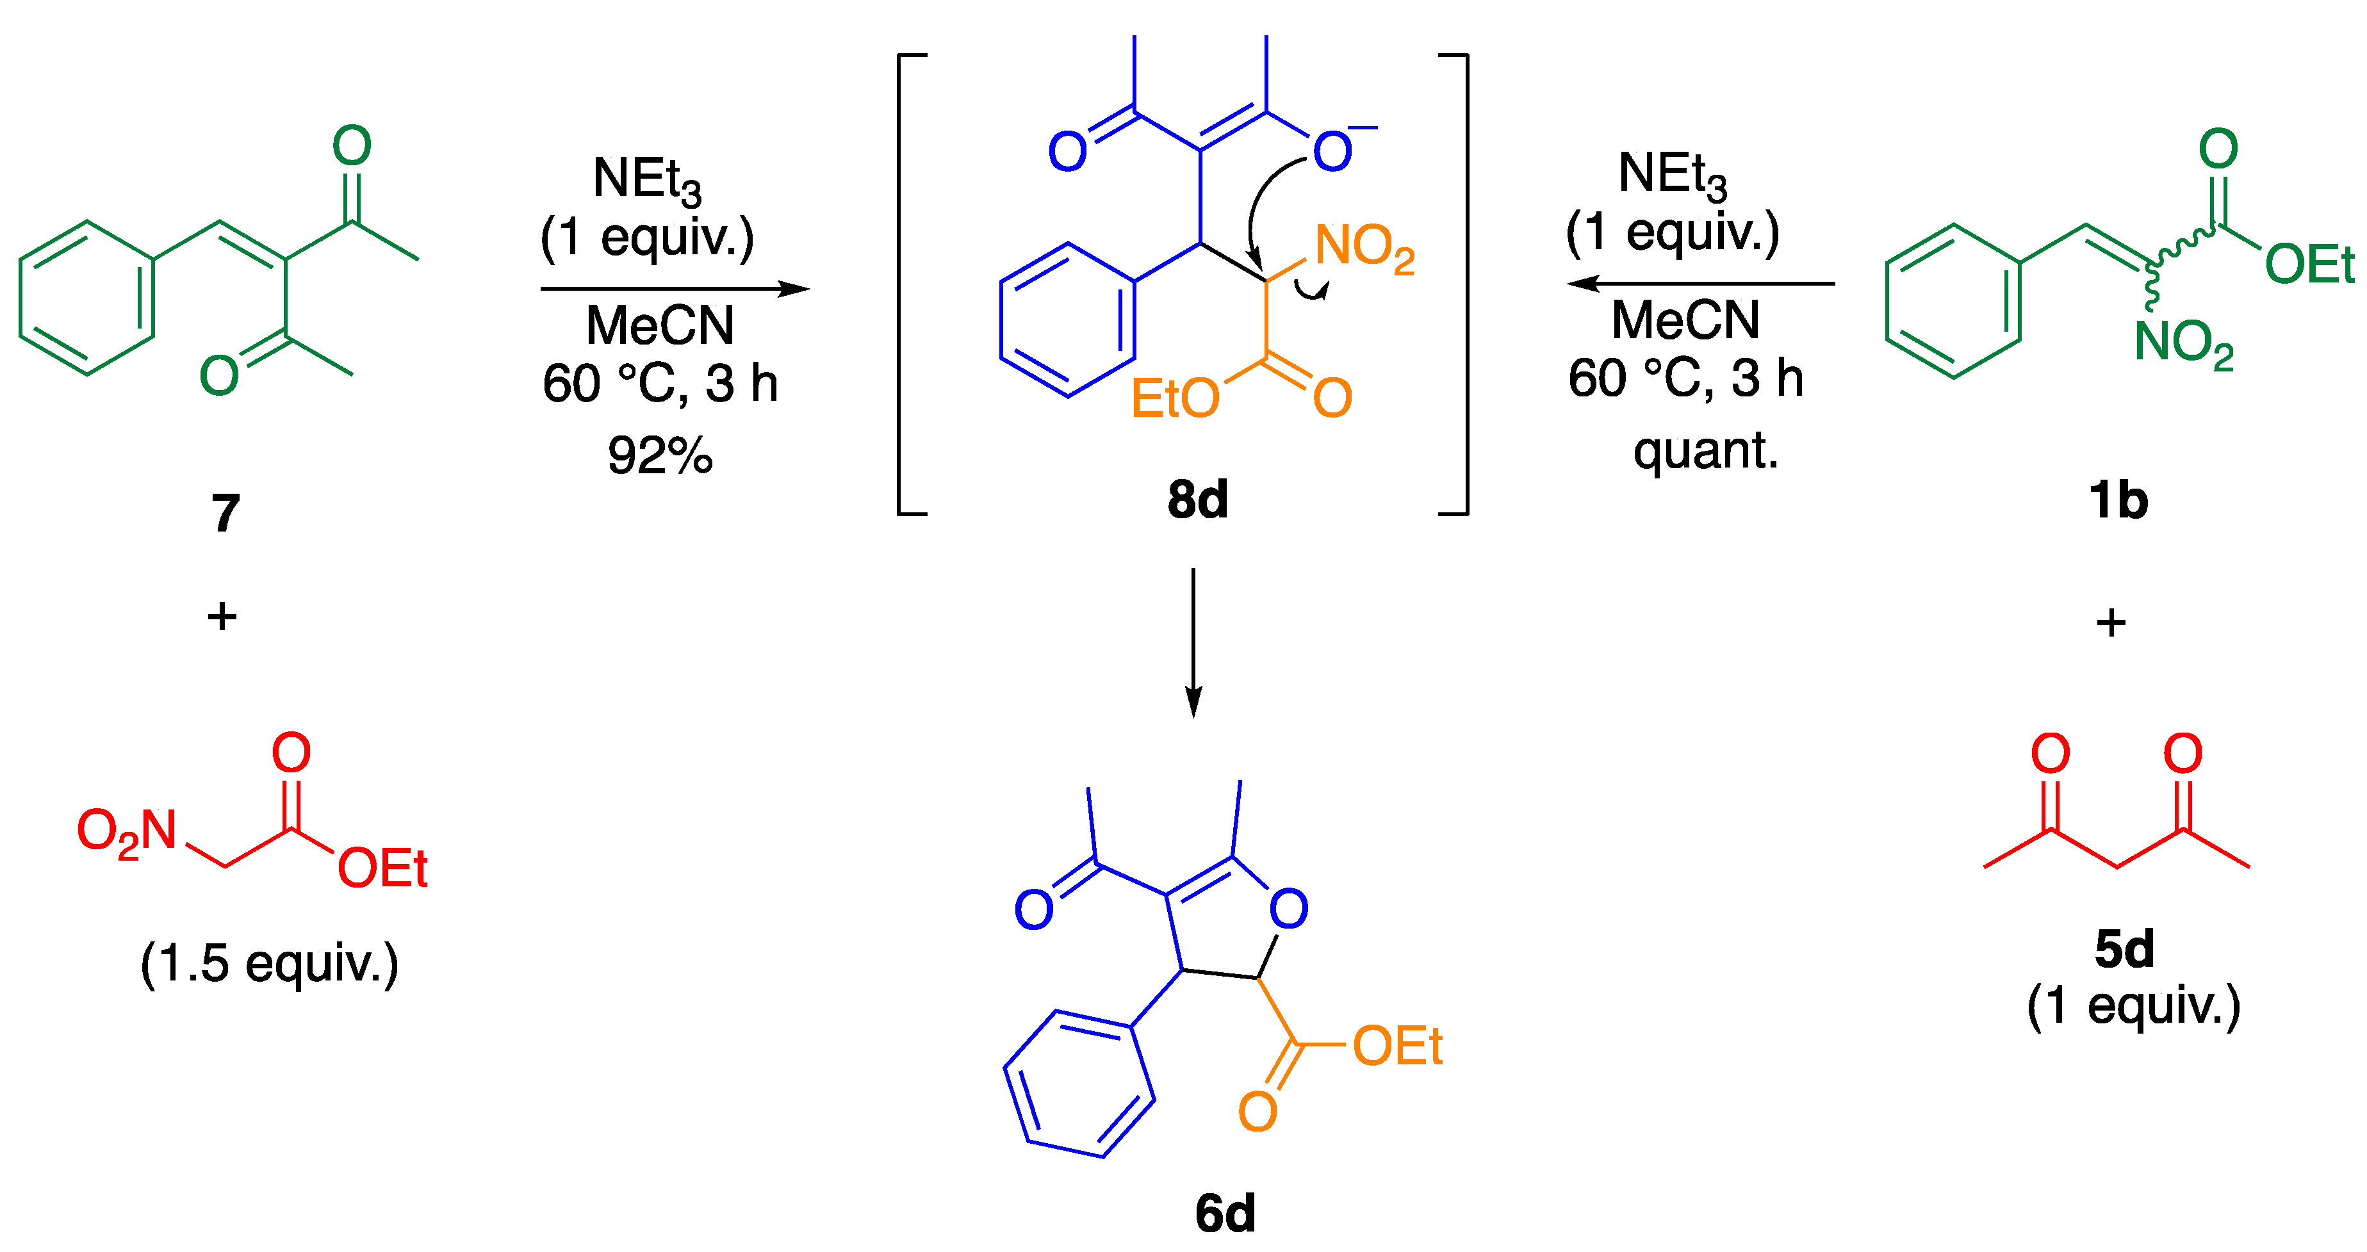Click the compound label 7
point(225,512)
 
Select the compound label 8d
point(1197,500)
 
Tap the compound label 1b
point(2118,501)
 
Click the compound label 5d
point(2124,949)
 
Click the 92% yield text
point(660,455)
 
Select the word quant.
point(1705,450)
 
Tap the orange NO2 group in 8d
point(1364,248)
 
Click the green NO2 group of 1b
point(2183,343)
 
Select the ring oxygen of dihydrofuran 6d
point(1288,909)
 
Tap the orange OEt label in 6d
point(1396,1046)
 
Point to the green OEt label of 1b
point(2308,264)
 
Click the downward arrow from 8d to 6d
point(1193,642)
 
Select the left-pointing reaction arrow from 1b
point(1700,284)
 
